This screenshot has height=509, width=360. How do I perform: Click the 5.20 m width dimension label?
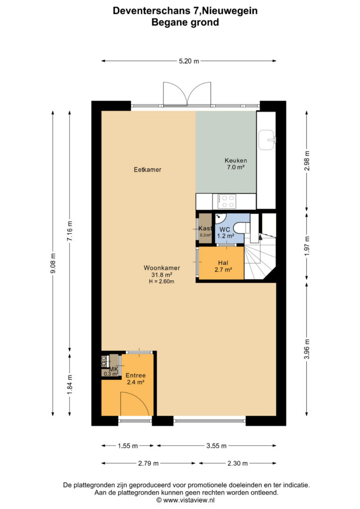coord(189,61)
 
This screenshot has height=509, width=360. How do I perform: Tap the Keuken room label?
coord(236,161)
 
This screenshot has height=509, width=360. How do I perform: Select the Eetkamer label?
coord(147,170)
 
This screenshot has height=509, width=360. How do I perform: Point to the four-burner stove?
coord(227,201)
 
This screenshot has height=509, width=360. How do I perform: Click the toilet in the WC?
coord(242,227)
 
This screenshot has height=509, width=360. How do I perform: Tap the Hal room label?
coord(223,263)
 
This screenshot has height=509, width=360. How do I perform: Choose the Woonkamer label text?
coord(162,268)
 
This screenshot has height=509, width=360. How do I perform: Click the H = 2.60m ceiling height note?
coord(162,281)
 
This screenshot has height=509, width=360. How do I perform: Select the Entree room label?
coord(136,375)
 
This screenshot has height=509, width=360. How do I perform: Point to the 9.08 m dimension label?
coord(53,263)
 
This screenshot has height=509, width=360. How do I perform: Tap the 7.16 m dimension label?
coord(70,231)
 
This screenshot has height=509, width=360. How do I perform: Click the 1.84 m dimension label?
coord(70,385)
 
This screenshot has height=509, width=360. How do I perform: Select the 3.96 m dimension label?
coord(307,349)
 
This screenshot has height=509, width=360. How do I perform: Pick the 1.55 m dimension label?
coord(128,446)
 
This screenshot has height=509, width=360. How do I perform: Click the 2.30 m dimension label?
coord(238,463)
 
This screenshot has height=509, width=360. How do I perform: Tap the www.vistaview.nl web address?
coord(188,500)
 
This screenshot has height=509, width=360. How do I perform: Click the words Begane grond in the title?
coord(185,22)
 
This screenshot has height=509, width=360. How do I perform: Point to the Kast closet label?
coord(205,228)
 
